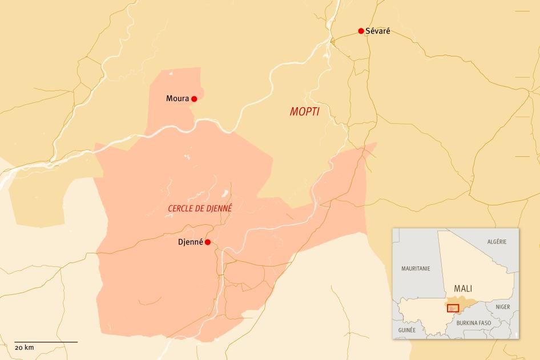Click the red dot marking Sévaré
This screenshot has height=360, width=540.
(x=361, y=31)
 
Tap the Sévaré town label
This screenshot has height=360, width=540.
(x=378, y=31)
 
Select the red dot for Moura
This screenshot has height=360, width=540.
(x=194, y=99)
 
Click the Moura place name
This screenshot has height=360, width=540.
(x=178, y=99)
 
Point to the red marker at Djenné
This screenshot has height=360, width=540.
(x=208, y=242)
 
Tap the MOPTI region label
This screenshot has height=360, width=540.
(x=304, y=112)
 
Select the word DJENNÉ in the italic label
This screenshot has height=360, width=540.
(x=220, y=209)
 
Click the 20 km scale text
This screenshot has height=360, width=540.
(x=25, y=347)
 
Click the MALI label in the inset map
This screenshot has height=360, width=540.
(x=462, y=288)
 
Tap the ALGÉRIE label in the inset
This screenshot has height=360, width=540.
(x=497, y=241)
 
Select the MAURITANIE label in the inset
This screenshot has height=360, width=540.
(x=416, y=268)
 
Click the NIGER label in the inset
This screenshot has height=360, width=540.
(x=503, y=306)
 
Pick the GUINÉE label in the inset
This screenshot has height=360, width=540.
(x=407, y=330)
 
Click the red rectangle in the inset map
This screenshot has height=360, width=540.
(x=453, y=308)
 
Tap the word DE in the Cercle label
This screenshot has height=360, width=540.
(x=201, y=209)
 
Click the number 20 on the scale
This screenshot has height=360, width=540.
(x=18, y=347)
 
